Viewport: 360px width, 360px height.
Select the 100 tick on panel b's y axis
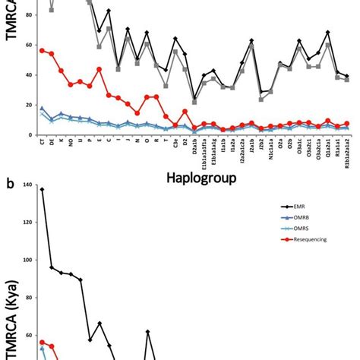point(24,261)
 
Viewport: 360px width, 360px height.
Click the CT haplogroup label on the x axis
point(42,141)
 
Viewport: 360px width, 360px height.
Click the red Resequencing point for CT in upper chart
point(42,50)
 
